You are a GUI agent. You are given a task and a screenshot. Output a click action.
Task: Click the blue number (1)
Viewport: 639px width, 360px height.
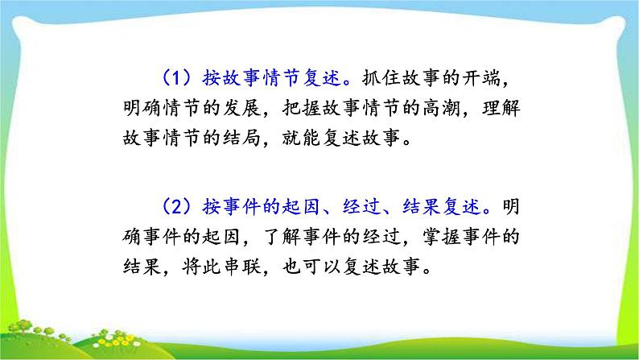[x=177, y=77]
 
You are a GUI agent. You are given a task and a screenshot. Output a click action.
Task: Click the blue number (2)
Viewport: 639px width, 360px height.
[x=177, y=206]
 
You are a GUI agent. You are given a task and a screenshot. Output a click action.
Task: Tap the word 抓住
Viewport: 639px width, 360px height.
[x=381, y=77]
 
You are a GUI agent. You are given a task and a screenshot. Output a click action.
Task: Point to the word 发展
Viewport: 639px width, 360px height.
[x=241, y=108]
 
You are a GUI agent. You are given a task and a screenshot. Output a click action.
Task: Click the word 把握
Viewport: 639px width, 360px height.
[x=301, y=108]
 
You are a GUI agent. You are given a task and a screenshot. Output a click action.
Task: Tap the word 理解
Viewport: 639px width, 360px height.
[x=501, y=108]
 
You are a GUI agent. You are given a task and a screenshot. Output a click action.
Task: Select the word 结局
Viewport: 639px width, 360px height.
[x=241, y=138]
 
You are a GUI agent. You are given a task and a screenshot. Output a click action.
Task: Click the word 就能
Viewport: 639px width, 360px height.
[x=301, y=138]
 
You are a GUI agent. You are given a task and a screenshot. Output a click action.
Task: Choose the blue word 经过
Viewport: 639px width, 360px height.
[x=361, y=206]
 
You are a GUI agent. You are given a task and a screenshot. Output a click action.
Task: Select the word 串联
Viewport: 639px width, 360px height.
[x=241, y=267]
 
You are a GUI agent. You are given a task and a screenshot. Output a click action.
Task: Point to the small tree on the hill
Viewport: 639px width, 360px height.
[x=24, y=325]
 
